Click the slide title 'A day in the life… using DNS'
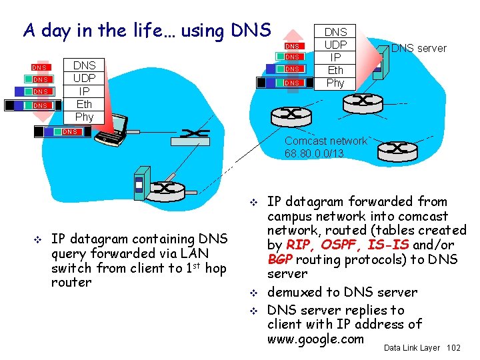pyautogui.click(x=147, y=30)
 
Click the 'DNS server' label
pyautogui.click(x=419, y=48)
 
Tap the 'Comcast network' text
pyautogui.click(x=325, y=141)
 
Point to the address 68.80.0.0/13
pyautogui.click(x=314, y=153)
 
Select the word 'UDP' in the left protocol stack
pyautogui.click(x=84, y=78)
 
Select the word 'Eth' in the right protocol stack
pyautogui.click(x=335, y=70)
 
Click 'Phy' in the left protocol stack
pyautogui.click(x=84, y=117)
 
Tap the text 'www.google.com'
pyautogui.click(x=315, y=339)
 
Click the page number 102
pyautogui.click(x=453, y=348)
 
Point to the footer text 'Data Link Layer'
pyautogui.click(x=412, y=348)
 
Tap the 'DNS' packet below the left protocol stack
pyautogui.click(x=70, y=132)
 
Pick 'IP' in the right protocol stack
pyautogui.click(x=335, y=57)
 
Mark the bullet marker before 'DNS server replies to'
pyautogui.click(x=254, y=310)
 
